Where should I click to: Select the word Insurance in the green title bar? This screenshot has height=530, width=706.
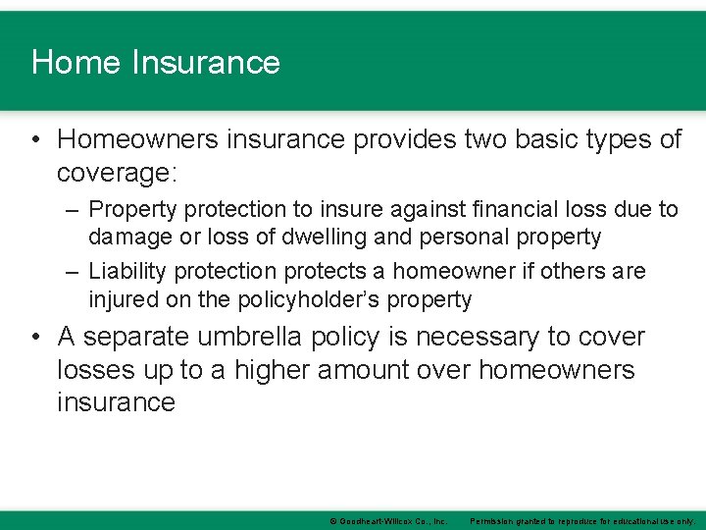coord(206,63)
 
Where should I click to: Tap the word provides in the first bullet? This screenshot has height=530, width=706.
coord(402,140)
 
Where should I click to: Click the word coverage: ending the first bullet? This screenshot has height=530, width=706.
coord(117,173)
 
